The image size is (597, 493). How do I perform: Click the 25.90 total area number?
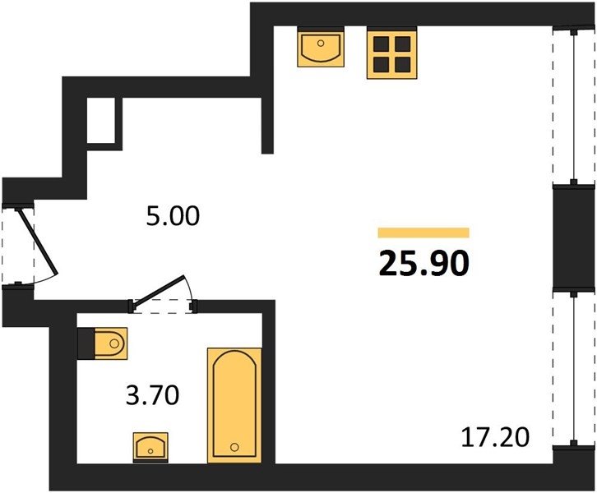coord(423,264)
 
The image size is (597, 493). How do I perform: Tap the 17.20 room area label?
coord(495,437)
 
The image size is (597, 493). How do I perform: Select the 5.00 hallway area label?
coord(173,216)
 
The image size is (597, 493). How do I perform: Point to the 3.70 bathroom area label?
coord(152,395)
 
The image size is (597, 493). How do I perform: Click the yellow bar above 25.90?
coord(423,233)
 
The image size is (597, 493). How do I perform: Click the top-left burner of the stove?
coord(381,44)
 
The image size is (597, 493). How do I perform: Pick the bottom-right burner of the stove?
coord(402,65)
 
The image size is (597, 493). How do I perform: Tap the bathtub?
coord(234,406)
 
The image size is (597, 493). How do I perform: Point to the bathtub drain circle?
coord(235,447)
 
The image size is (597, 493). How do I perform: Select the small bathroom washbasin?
coord(150,447)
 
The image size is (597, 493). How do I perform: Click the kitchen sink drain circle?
coord(321,43)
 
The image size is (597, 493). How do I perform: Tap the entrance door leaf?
coord(37,241)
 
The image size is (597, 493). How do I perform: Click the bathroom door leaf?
coord(160,290)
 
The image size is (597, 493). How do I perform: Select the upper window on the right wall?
coord(573,107)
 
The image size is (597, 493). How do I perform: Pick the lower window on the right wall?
coord(573,368)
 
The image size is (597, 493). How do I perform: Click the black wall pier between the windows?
coord(573,238)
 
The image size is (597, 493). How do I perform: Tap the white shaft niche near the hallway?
coord(101,120)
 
